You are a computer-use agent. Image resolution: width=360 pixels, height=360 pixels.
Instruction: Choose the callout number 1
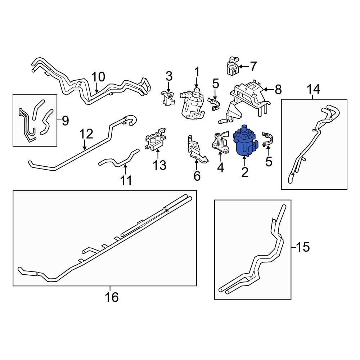coord(197,72)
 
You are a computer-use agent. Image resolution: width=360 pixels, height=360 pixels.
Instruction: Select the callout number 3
coord(169,76)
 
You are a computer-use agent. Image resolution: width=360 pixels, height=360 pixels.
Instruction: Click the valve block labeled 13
coord(156,142)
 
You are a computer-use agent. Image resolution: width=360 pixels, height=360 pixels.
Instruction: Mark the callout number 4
coord(220,167)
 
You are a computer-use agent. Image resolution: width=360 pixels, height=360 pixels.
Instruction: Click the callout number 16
coord(111,297)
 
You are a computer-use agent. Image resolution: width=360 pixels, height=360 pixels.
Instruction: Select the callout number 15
coord(303,247)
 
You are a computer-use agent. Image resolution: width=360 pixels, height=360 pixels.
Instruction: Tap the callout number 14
coord(313,89)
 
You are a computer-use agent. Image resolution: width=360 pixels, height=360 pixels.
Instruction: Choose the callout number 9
coord(65,121)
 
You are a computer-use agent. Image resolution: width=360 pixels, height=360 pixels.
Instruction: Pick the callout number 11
coord(126,180)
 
